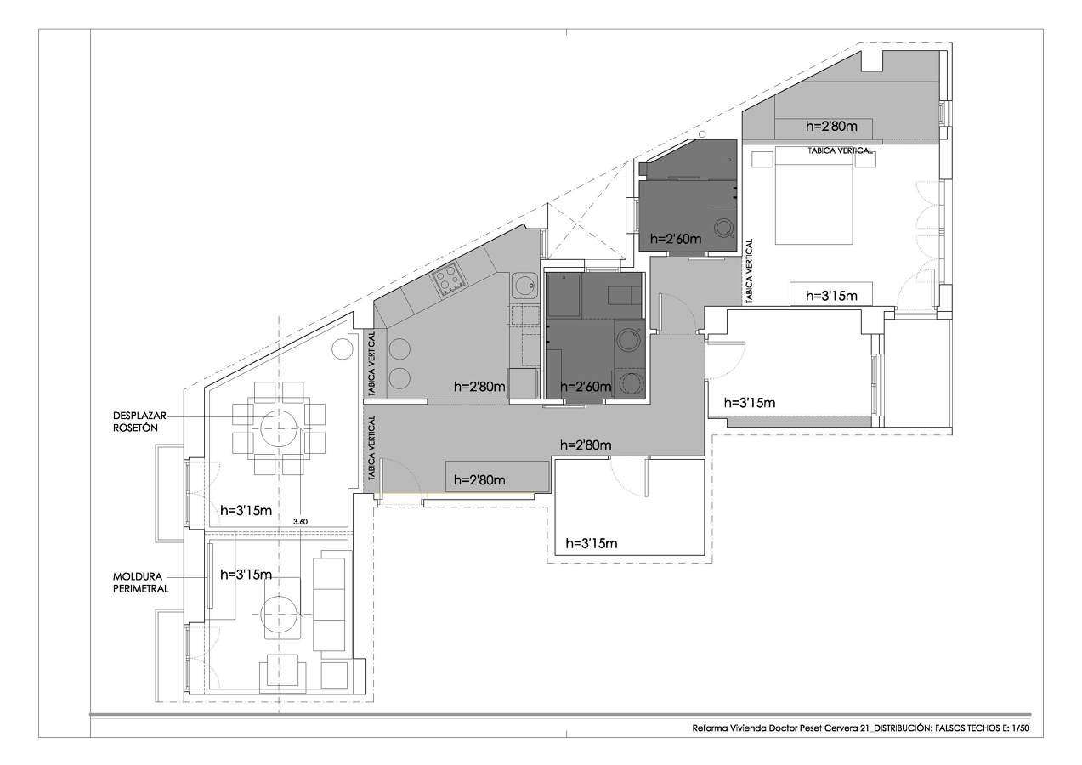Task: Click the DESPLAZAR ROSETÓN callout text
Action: pyautogui.click(x=139, y=422)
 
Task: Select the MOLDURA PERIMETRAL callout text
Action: pyautogui.click(x=140, y=582)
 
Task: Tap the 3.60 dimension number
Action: pyautogui.click(x=300, y=522)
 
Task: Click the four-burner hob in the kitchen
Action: pyautogui.click(x=449, y=281)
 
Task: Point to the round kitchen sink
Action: pyautogui.click(x=524, y=286)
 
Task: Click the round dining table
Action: pyautogui.click(x=279, y=428)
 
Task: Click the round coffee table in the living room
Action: pyautogui.click(x=279, y=615)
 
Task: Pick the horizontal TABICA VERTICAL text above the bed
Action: pyautogui.click(x=840, y=150)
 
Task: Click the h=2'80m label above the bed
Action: pyautogui.click(x=832, y=127)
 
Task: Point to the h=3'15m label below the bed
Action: pyautogui.click(x=831, y=296)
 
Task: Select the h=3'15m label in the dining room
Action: pyautogui.click(x=246, y=511)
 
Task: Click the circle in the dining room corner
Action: pyautogui.click(x=342, y=348)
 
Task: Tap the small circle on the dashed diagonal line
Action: pyautogui.click(x=702, y=134)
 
